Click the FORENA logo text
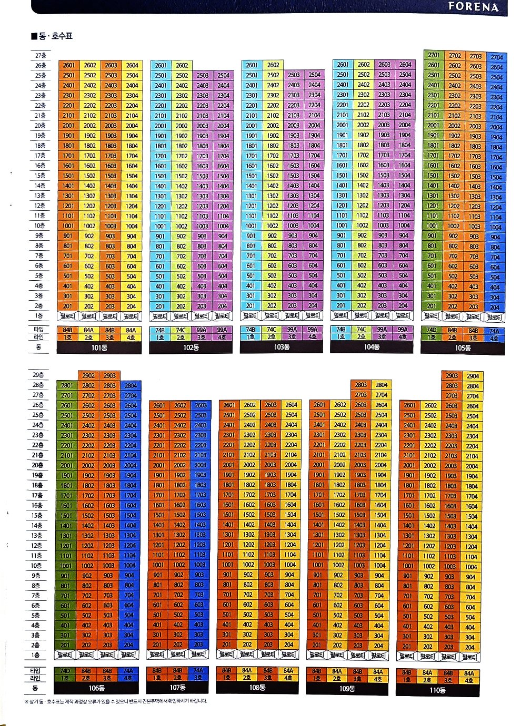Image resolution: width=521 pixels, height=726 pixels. (473, 7)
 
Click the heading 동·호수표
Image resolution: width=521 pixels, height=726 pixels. (52, 36)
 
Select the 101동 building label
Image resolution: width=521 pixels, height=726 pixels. (99, 347)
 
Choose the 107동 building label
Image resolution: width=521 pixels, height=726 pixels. (178, 688)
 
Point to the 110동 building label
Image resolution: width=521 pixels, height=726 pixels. (437, 690)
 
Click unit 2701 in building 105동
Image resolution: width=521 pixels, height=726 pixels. (434, 55)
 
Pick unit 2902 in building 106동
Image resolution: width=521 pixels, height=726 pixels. (88, 375)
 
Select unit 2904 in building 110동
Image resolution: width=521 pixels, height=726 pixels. (473, 376)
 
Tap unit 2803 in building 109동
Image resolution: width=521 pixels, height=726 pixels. (360, 385)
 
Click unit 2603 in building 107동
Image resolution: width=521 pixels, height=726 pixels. (201, 405)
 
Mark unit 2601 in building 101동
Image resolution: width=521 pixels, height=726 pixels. (68, 65)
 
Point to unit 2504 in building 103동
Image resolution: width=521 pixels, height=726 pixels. (315, 75)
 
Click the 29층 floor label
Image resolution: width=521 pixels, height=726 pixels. (38, 375)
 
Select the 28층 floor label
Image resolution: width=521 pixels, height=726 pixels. (38, 385)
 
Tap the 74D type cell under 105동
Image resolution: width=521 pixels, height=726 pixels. (431, 330)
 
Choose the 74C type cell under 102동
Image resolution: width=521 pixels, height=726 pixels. (181, 330)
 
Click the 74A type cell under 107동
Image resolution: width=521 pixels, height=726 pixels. (198, 671)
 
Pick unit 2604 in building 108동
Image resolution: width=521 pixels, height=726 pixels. (291, 405)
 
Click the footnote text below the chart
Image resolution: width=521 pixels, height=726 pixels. (116, 701)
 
